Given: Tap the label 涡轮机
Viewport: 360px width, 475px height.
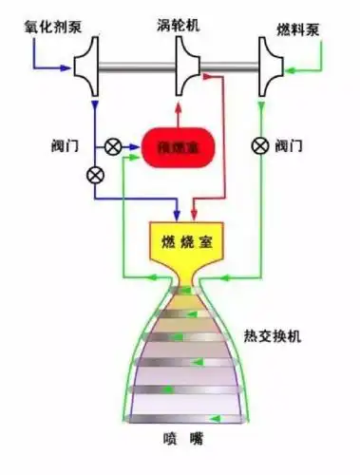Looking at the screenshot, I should point(178,20).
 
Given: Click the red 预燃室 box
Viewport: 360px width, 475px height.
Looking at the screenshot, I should point(178,147).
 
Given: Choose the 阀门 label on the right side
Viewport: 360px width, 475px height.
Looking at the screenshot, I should point(290,146).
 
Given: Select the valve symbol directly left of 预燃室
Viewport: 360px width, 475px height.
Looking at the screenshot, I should point(113,146).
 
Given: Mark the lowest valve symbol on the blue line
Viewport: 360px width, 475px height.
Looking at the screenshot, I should point(94,175).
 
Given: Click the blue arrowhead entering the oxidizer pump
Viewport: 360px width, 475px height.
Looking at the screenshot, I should point(67,67).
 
